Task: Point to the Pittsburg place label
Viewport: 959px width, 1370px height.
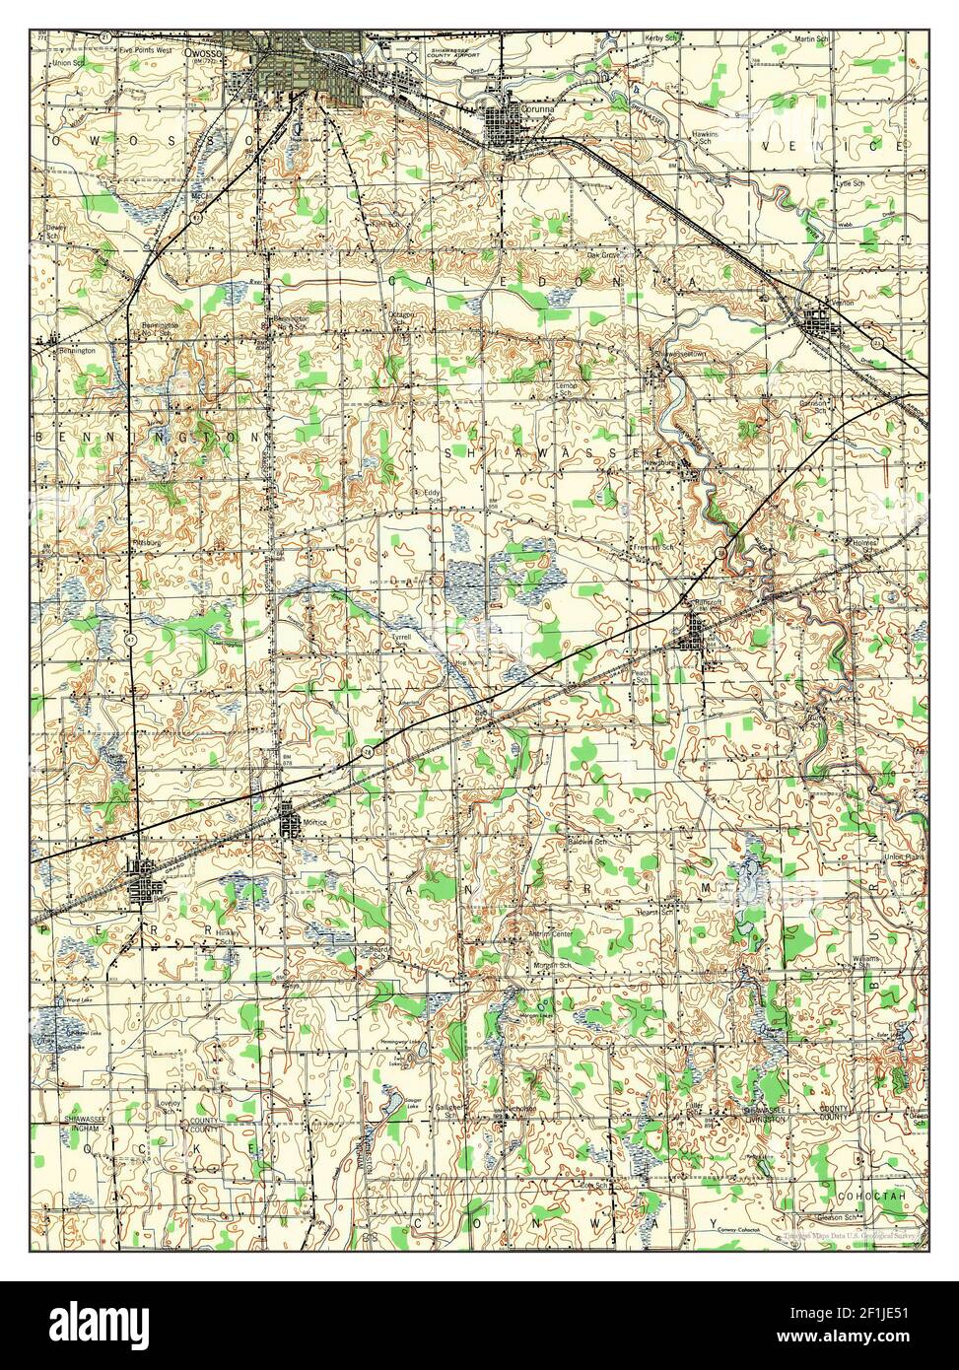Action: [146, 542]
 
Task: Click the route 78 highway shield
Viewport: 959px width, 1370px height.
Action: [365, 749]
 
